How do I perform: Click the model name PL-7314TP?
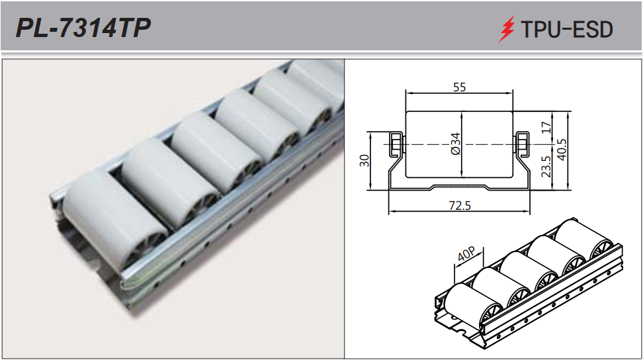click(x=83, y=28)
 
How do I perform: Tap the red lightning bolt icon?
click(x=507, y=28)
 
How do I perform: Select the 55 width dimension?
click(x=459, y=87)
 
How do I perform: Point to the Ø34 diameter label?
click(x=456, y=144)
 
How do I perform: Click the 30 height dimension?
click(x=364, y=160)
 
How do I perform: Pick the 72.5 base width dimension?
click(x=460, y=205)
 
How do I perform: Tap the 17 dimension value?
click(x=546, y=128)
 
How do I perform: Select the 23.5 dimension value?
click(x=546, y=167)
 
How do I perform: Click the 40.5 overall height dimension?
click(x=562, y=150)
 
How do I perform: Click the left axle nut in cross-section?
click(x=396, y=144)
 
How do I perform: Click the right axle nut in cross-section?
click(x=522, y=144)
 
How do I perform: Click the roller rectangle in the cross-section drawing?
click(x=459, y=144)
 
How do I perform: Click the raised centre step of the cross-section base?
click(x=459, y=186)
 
